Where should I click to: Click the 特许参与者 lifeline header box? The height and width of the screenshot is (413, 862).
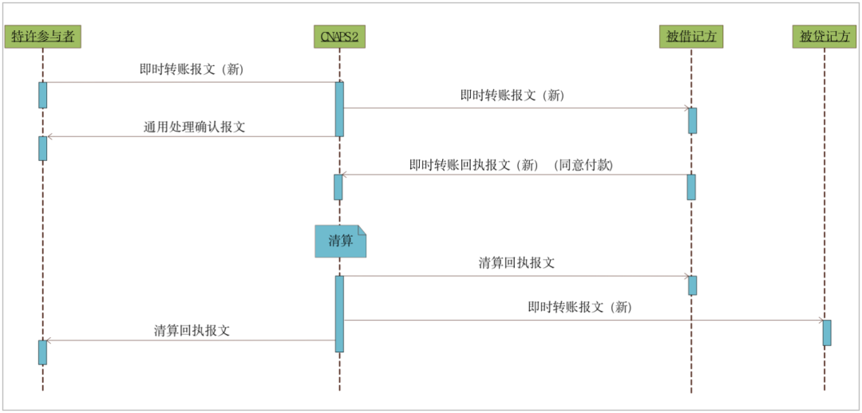coord(42,37)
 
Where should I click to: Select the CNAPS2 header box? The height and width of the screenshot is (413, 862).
coord(339,37)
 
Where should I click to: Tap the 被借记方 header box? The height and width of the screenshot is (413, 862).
coord(690,37)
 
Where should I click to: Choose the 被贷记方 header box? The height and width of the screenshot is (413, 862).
coord(824,37)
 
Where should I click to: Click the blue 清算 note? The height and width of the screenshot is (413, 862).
coord(340,241)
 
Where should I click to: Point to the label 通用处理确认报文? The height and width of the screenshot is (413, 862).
coord(194,127)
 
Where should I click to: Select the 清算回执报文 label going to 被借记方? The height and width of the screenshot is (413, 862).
coord(516,263)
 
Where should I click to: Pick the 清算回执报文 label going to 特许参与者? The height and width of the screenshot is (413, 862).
coord(192,331)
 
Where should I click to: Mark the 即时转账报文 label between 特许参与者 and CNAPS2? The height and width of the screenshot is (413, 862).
coord(192,69)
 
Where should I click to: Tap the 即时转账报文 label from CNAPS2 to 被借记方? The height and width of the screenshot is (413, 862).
coord(512,95)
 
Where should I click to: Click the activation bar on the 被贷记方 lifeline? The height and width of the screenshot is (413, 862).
coord(827,332)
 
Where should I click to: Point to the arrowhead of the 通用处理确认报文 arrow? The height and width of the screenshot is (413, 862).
coord(49,136)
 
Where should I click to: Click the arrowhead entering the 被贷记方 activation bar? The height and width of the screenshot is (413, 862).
coord(820,321)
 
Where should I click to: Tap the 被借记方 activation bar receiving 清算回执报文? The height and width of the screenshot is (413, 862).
coord(693,285)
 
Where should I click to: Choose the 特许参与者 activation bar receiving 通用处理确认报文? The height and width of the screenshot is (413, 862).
coord(43,148)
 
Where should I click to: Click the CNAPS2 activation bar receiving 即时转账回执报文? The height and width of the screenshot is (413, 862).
coord(338,187)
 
